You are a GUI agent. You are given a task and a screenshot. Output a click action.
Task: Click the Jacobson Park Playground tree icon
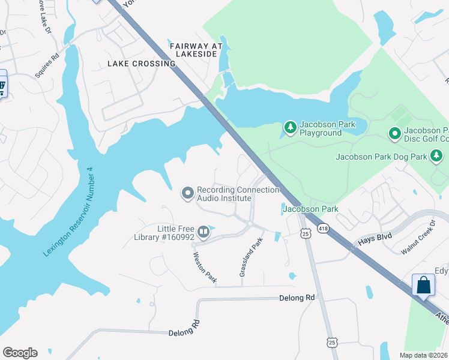pyautogui.click(x=291, y=128)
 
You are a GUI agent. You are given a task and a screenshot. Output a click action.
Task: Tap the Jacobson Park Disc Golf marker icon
pyautogui.click(x=394, y=133)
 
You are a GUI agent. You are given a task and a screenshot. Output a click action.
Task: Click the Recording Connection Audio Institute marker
pyautogui.click(x=188, y=193)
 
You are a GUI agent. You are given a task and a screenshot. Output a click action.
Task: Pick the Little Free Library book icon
pyautogui.click(x=203, y=231)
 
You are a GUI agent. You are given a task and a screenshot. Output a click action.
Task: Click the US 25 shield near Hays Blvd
pyautogui.click(x=306, y=233)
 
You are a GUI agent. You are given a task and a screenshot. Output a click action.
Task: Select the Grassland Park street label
pyautogui.click(x=252, y=257)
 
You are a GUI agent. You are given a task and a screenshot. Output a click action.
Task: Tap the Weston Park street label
pyautogui.click(x=204, y=267)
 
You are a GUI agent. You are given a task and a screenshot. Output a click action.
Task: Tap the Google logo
pyautogui.click(x=20, y=353)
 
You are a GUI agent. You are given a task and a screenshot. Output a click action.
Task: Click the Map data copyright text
pyautogui.click(x=423, y=355)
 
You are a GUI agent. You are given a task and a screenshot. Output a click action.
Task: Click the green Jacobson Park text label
pyautogui.click(x=311, y=209)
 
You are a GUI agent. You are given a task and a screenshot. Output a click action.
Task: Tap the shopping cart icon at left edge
pyautogui.click(x=2, y=86)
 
